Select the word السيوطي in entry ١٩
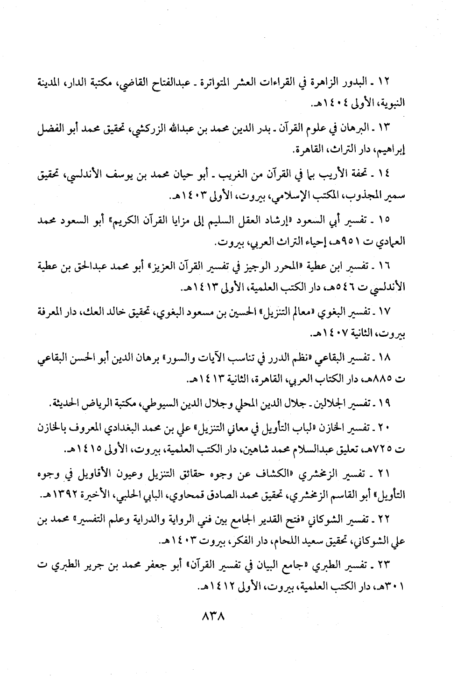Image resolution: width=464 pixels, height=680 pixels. tap(167, 402)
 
